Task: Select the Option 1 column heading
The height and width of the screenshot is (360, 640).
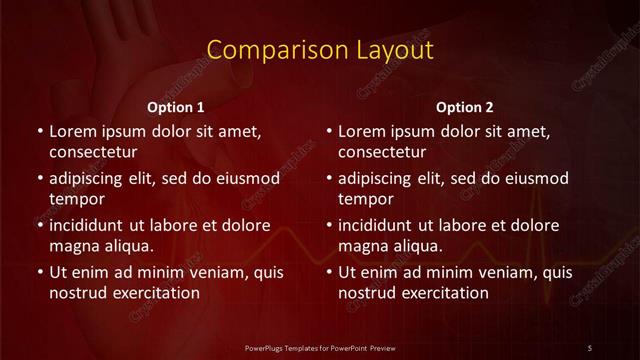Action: [176, 106]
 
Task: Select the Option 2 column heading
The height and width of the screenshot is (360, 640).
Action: [465, 106]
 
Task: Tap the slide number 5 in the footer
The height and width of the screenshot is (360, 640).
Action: [590, 347]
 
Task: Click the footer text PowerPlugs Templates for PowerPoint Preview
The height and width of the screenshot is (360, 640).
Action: [319, 347]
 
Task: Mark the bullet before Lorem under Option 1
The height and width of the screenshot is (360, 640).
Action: [39, 132]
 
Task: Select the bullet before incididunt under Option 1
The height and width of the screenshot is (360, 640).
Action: [39, 225]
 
